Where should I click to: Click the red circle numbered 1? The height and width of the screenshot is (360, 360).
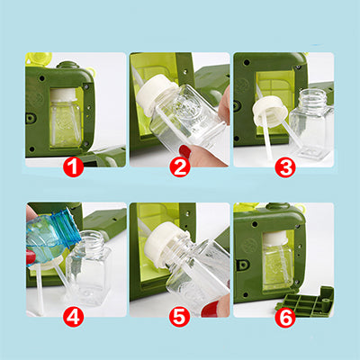(x=74, y=166)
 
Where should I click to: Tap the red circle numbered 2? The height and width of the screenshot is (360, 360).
(x=180, y=166)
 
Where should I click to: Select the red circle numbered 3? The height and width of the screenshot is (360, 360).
(x=285, y=166)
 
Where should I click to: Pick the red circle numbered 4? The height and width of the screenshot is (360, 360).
(x=74, y=317)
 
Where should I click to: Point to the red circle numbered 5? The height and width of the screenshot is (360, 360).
(x=180, y=317)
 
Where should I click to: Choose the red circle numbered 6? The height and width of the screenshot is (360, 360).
(x=285, y=317)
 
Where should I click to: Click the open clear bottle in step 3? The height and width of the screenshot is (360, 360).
(x=312, y=123)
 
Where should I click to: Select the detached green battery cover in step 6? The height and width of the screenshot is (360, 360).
(x=305, y=301)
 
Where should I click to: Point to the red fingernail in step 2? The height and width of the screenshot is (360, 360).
(x=185, y=151)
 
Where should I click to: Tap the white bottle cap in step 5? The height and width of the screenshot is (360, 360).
(x=164, y=245)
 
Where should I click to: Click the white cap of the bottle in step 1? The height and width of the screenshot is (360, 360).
(x=64, y=95)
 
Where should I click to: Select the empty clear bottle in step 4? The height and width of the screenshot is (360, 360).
(x=88, y=268)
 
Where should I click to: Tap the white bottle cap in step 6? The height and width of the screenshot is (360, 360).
(x=275, y=238)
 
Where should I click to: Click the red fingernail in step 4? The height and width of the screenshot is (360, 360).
(x=31, y=257)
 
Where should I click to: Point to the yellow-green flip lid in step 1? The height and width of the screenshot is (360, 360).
(x=38, y=59)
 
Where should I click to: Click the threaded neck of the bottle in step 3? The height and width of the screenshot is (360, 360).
(x=311, y=96)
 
